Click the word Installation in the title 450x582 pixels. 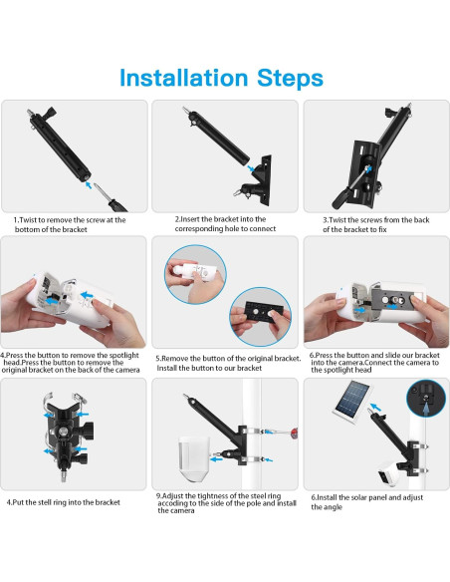[x=183, y=78]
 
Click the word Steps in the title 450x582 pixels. [x=291, y=78]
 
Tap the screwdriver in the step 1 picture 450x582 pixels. [x=110, y=198]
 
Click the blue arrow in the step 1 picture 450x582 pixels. [x=88, y=184]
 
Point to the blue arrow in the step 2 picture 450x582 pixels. [x=251, y=168]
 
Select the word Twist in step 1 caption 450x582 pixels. [x=28, y=220]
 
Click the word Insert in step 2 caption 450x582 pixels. [x=190, y=219]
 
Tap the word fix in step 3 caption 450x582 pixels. [x=381, y=230]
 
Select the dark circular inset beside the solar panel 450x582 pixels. [x=425, y=399]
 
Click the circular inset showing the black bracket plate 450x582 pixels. [x=260, y=317]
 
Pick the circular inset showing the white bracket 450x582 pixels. [x=195, y=274]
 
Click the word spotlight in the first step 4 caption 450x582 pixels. [x=121, y=355]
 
